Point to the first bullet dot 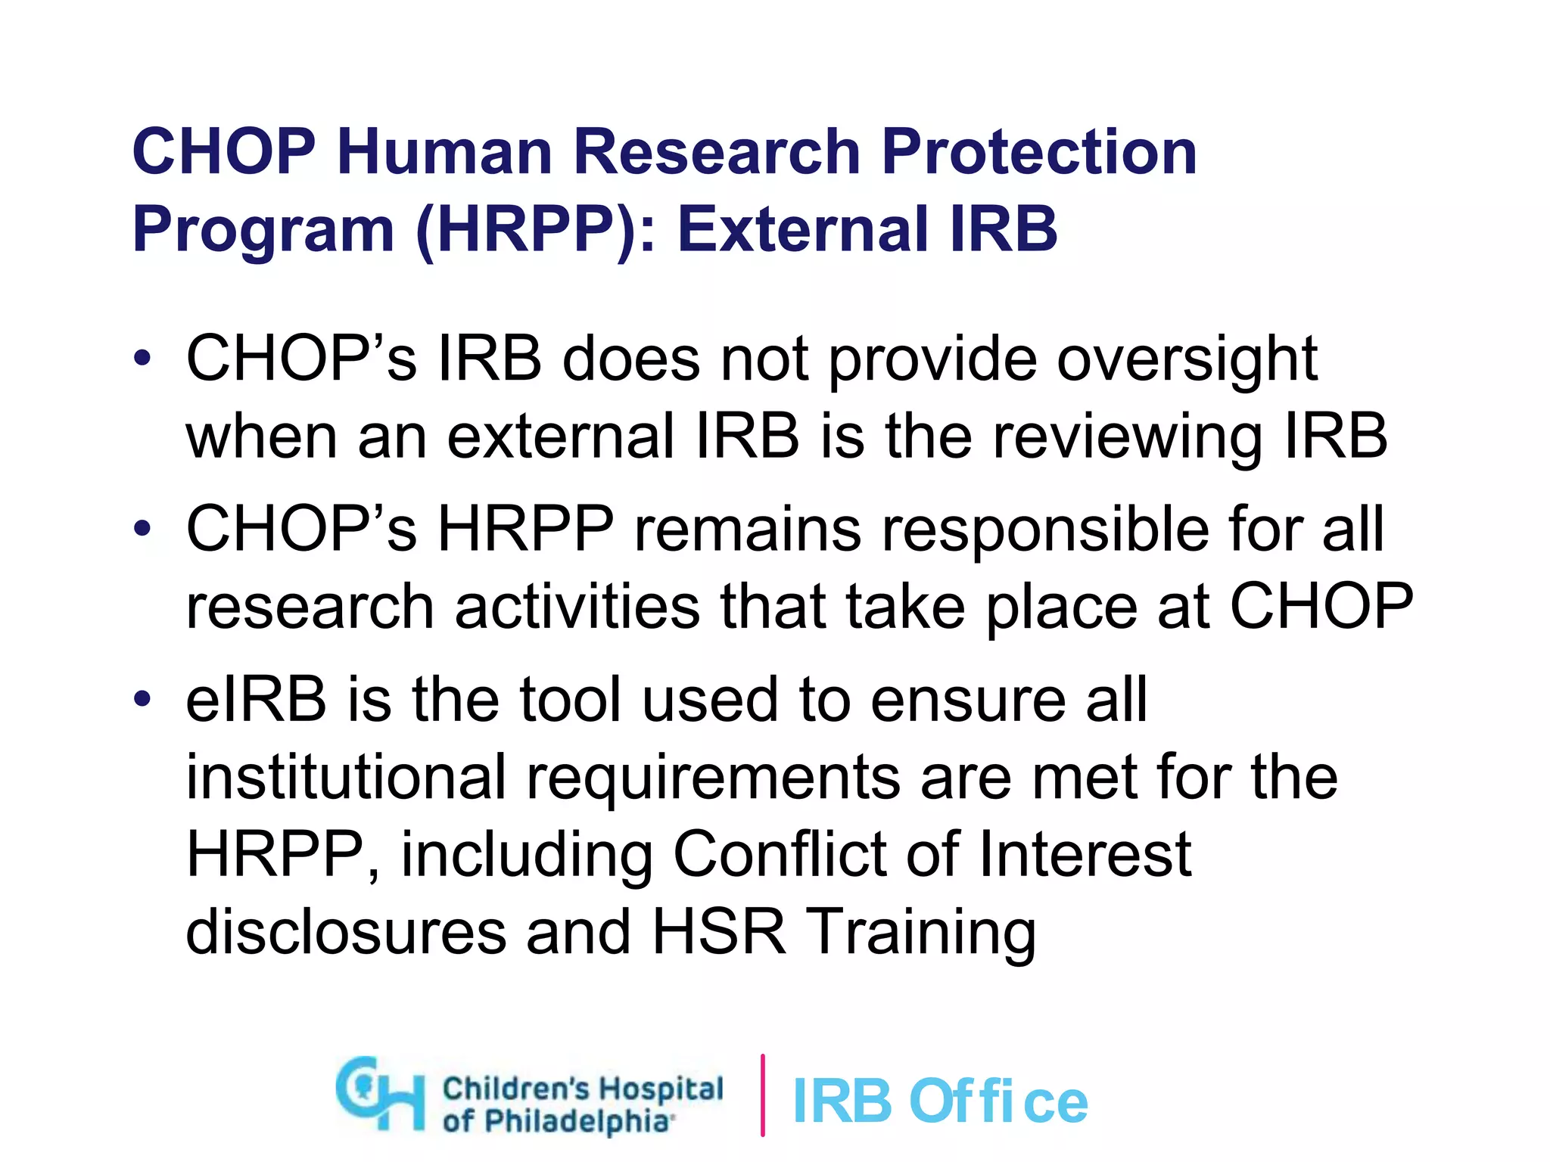coord(142,358)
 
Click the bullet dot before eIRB coord(142,699)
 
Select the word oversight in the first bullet coord(1187,361)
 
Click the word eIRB coord(256,700)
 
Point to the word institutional coord(346,778)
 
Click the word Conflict coord(779,855)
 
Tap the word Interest coord(1085,855)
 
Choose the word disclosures coord(346,933)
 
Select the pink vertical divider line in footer coord(762,1095)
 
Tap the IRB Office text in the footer coord(939,1101)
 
